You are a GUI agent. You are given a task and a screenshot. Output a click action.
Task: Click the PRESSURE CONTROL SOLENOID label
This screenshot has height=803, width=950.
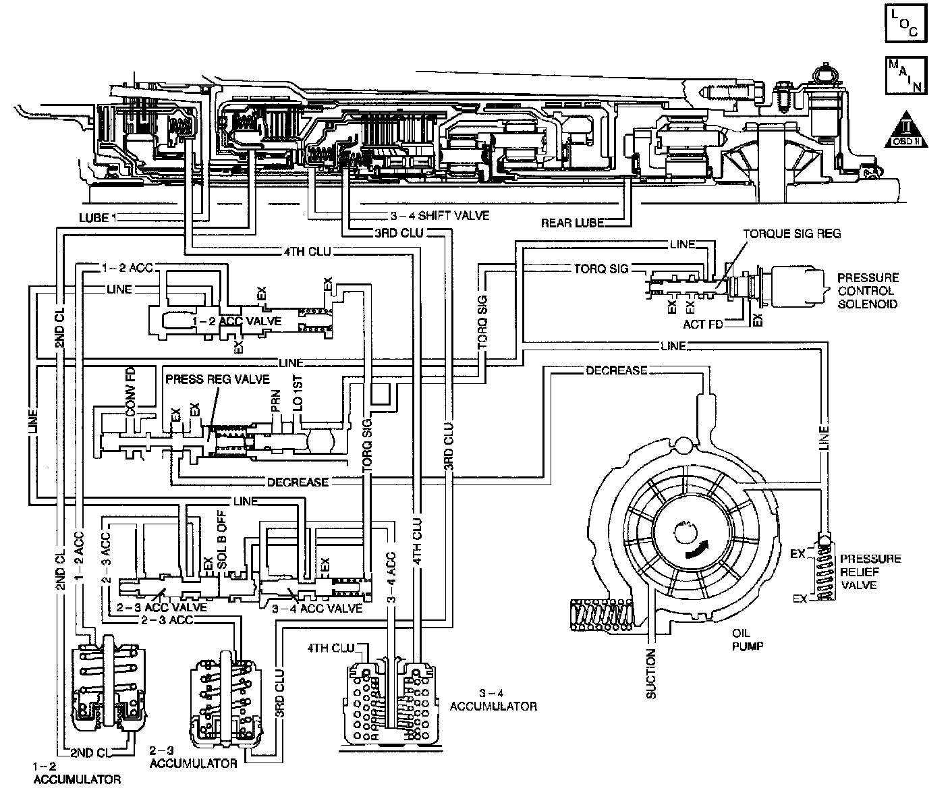[868, 291]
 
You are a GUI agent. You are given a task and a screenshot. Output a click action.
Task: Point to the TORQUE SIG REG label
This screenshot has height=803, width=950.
[792, 234]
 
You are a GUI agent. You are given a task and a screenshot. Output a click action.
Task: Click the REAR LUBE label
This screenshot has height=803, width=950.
[571, 222]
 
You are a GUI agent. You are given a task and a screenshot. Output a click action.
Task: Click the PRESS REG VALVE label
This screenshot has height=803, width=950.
[217, 379]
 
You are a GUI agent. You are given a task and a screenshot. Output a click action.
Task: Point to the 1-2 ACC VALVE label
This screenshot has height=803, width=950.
[237, 321]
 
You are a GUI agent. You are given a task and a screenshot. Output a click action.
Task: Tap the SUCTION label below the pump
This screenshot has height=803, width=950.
[651, 673]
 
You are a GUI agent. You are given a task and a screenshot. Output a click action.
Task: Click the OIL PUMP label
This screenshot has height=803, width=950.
[747, 639]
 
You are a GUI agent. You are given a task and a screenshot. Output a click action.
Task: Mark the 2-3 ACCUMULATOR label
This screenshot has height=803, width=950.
[193, 757]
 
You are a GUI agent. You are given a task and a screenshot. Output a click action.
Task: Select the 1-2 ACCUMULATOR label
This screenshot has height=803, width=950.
[76, 773]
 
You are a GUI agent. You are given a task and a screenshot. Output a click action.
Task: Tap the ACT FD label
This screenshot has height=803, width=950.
[703, 324]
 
